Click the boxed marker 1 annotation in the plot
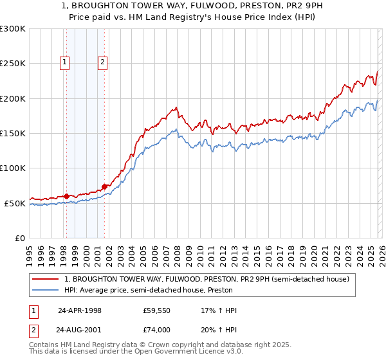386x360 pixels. [66, 62]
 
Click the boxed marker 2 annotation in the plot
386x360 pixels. [103, 62]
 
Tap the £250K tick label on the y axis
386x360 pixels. [13, 64]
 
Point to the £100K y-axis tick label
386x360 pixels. [13, 168]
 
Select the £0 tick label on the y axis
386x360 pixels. [19, 238]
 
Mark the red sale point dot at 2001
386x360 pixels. [104, 186]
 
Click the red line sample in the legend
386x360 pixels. [46, 280]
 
